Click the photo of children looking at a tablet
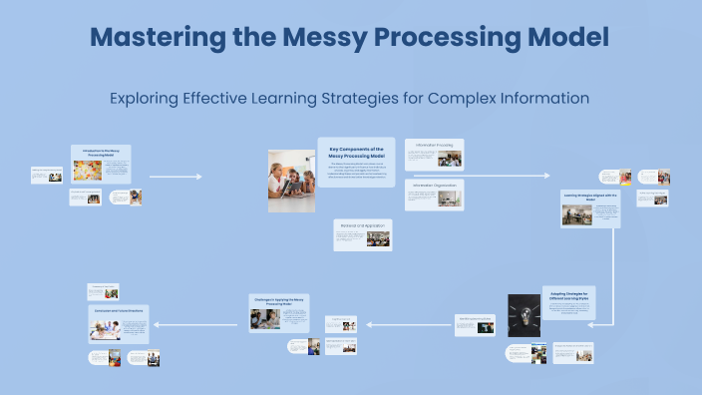click(x=292, y=180)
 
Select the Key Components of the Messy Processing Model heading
click(x=356, y=152)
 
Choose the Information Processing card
click(x=434, y=154)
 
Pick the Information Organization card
click(x=434, y=195)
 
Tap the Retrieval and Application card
click(x=363, y=234)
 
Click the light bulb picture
click(x=524, y=315)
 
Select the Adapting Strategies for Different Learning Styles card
click(x=568, y=301)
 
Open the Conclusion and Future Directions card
click(x=119, y=324)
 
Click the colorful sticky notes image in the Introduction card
click(x=83, y=171)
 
